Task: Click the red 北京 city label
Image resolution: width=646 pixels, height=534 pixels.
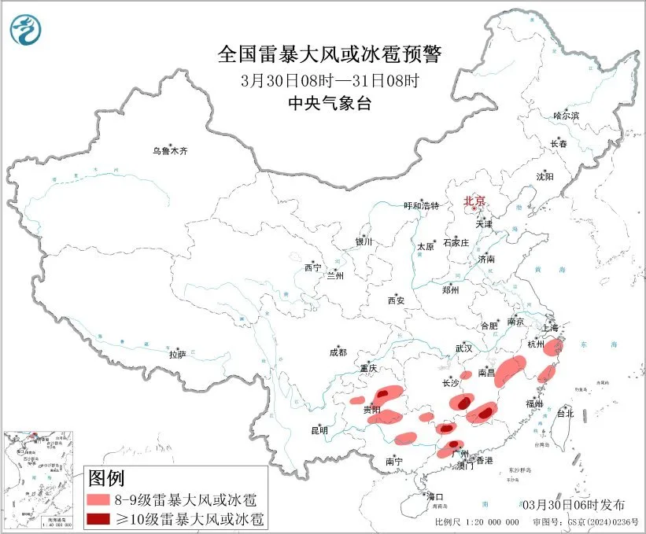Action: (474, 201)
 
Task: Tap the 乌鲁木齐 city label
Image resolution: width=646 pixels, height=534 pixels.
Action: (172, 150)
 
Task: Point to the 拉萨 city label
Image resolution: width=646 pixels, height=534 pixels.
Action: (178, 355)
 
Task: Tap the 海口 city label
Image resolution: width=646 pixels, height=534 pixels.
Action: (435, 497)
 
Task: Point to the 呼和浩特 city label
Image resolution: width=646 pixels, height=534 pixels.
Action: (422, 206)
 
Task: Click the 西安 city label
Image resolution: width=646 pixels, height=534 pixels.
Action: (396, 300)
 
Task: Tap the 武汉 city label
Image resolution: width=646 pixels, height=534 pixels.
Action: (463, 348)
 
